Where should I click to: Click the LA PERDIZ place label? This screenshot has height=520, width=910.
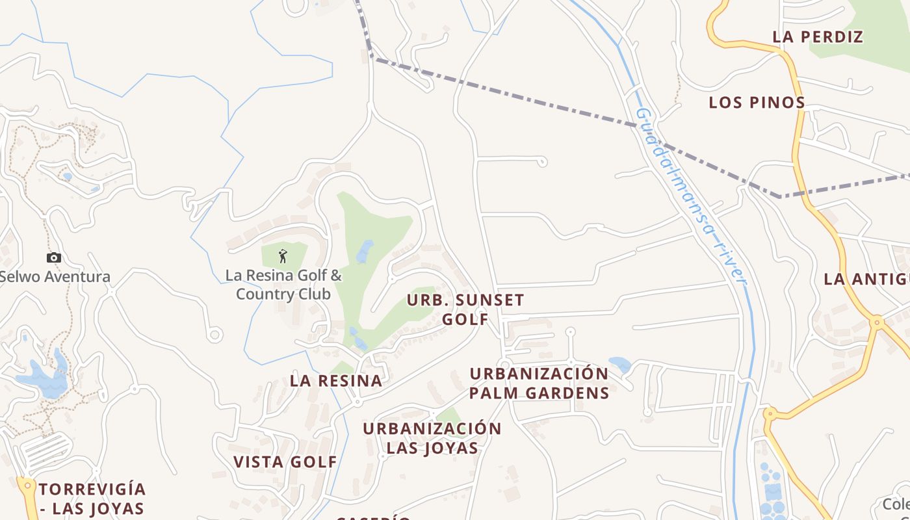click(x=818, y=37)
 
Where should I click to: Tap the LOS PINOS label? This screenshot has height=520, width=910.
click(x=757, y=103)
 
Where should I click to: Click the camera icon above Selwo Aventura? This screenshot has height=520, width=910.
click(x=54, y=258)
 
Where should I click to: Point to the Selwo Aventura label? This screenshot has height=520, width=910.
click(x=55, y=277)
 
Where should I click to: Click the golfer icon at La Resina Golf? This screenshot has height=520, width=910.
click(x=282, y=256)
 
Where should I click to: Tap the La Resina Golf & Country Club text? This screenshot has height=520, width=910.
click(x=283, y=285)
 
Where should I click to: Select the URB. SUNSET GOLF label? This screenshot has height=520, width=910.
click(x=465, y=309)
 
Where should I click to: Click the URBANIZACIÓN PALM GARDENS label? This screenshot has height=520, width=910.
click(x=539, y=383)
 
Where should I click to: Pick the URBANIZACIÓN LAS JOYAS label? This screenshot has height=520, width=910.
click(x=432, y=438)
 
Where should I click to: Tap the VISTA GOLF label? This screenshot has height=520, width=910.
click(x=285, y=462)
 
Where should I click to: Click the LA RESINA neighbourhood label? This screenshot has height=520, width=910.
click(x=336, y=381)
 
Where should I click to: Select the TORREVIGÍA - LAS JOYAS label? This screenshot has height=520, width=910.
click(x=92, y=499)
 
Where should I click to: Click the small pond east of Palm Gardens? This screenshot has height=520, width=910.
click(x=619, y=364)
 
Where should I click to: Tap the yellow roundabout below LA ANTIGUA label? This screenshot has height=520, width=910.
click(x=876, y=321)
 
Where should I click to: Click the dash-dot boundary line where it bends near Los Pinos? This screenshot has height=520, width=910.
click(x=779, y=195)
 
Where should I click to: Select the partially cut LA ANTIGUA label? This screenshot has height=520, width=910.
click(x=866, y=279)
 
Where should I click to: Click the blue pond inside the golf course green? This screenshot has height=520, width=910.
click(x=364, y=252)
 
